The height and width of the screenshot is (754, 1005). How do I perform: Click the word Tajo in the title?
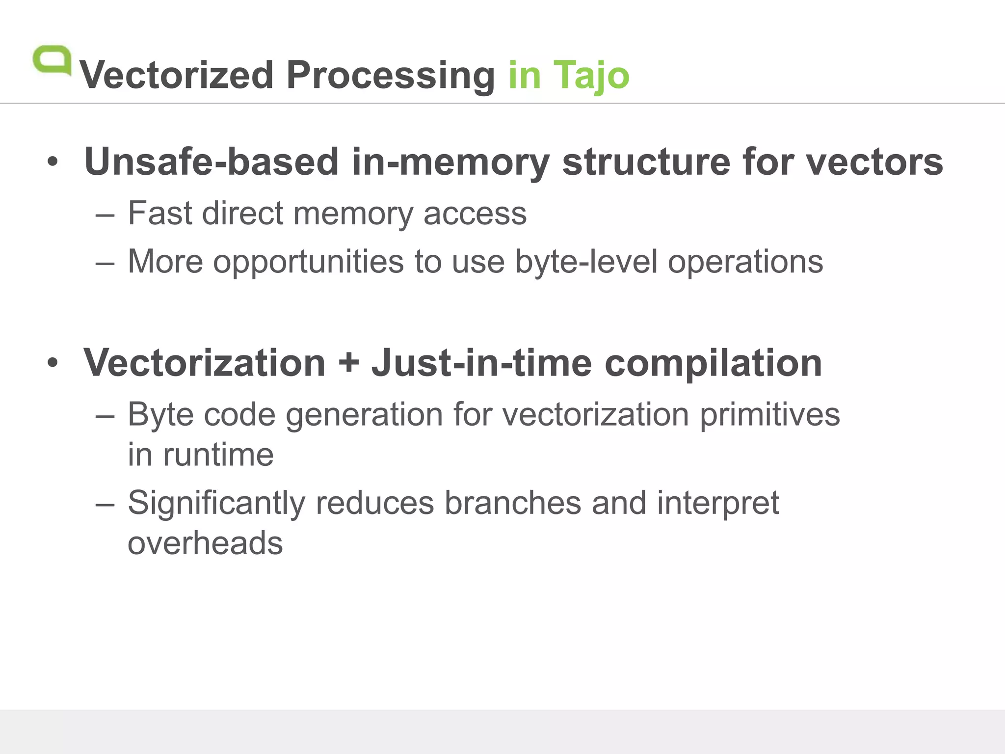point(591,75)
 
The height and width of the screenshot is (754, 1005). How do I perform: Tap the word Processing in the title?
point(391,75)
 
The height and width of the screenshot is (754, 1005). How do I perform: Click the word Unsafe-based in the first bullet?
point(212,162)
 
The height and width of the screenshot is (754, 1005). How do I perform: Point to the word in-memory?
point(451,162)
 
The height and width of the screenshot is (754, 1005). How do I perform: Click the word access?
point(475,214)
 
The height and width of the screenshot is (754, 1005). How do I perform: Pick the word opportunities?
point(308,262)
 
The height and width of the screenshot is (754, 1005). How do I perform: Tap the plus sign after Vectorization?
point(348,363)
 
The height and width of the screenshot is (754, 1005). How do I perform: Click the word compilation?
point(713,364)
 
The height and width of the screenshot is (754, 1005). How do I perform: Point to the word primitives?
point(769,415)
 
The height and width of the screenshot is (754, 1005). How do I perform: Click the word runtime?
point(218,455)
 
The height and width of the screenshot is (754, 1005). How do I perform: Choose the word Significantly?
point(216,504)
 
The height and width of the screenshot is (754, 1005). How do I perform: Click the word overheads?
point(205,543)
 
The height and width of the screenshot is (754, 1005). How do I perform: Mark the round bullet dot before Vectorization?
point(53,363)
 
